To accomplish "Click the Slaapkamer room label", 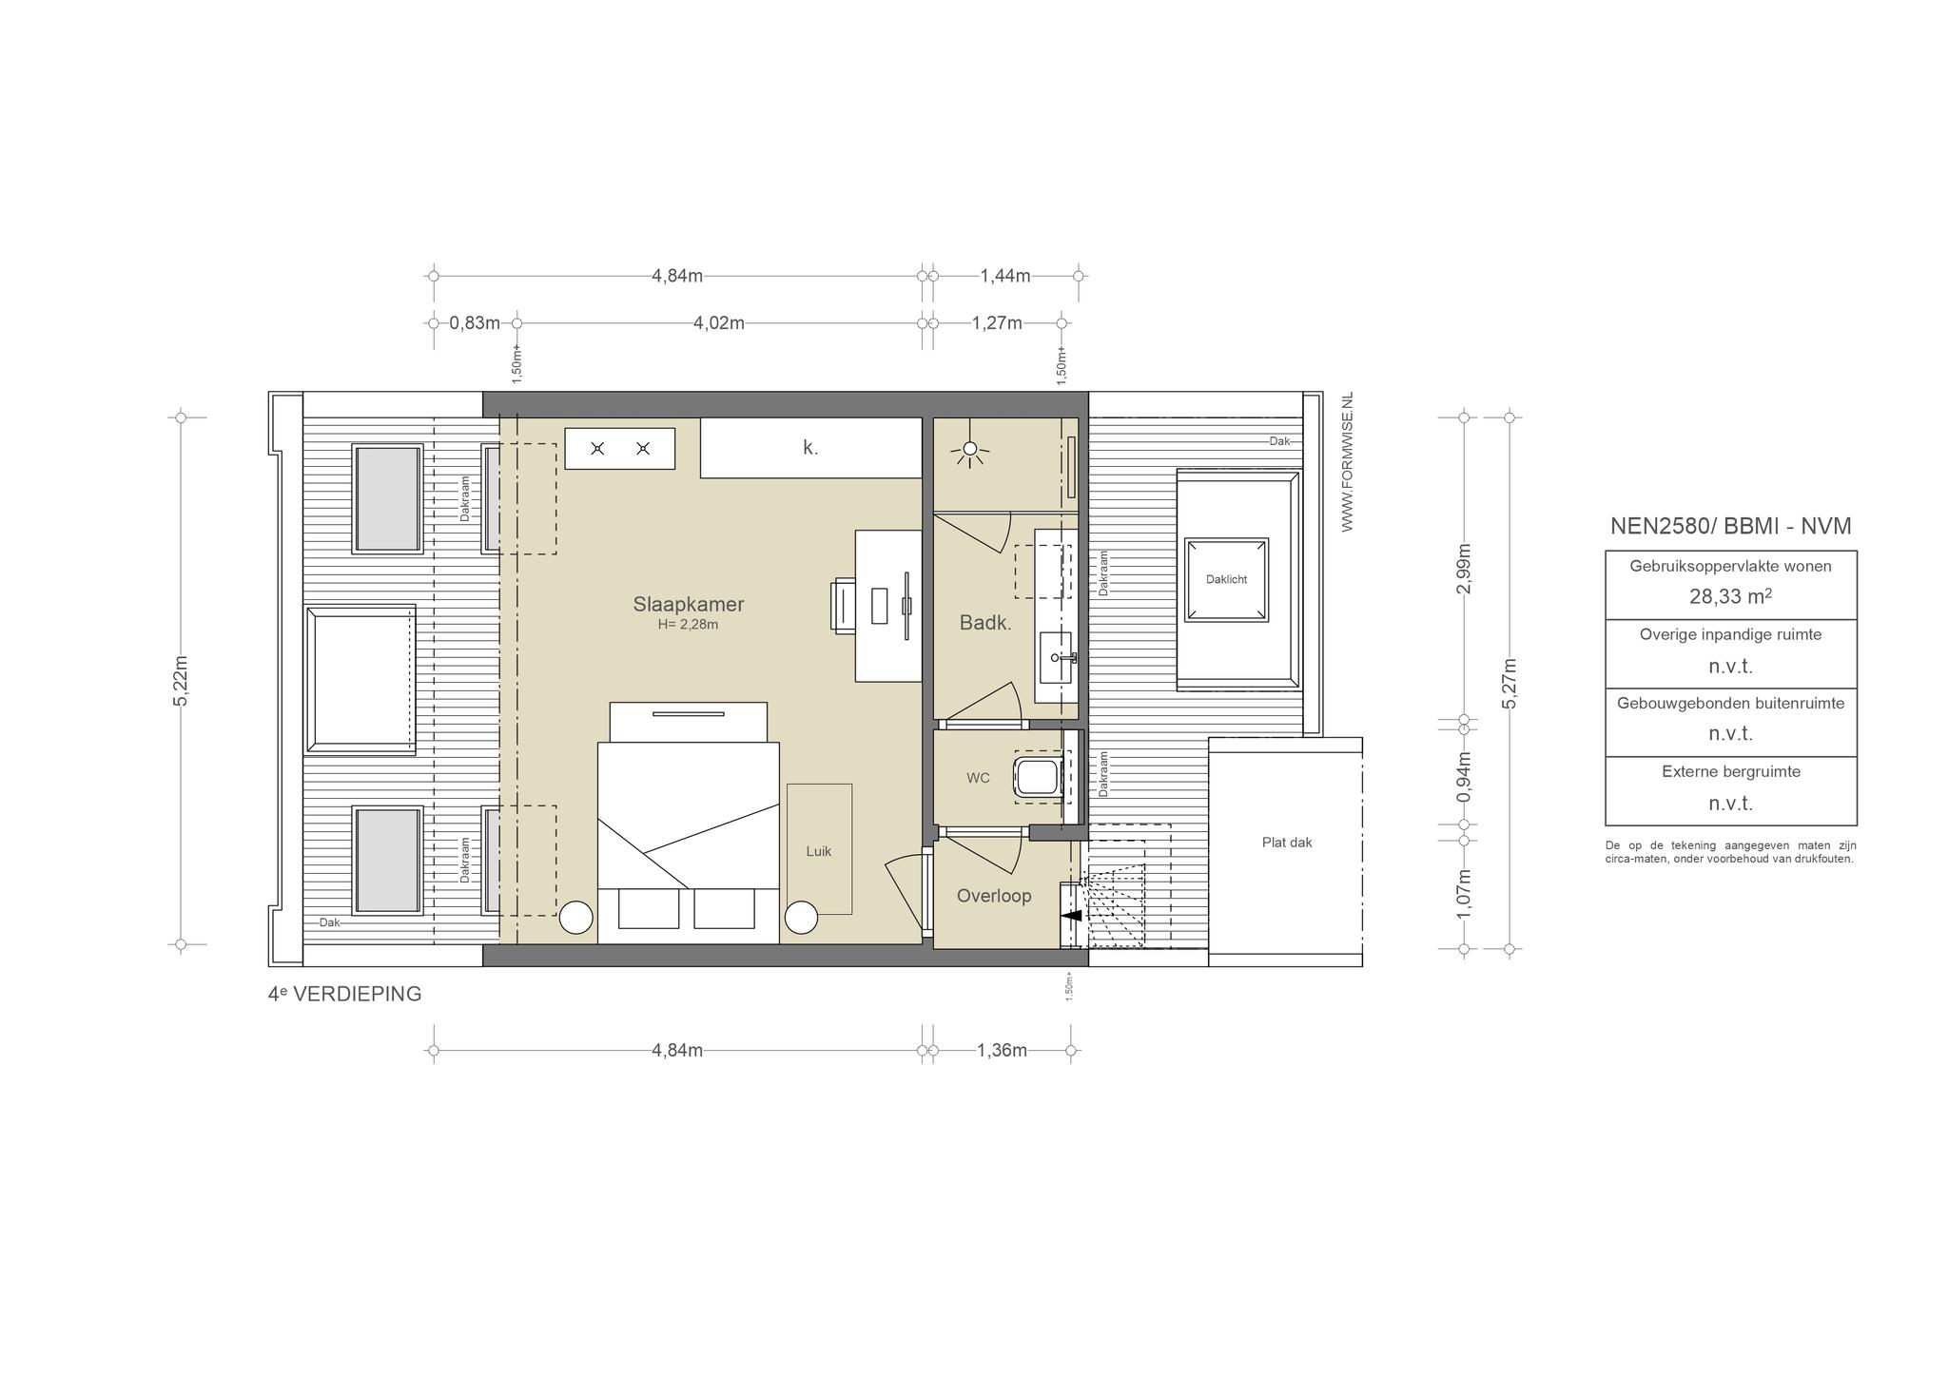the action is tap(689, 604).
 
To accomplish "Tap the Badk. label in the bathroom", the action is tap(984, 624).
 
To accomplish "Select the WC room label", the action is tap(978, 778).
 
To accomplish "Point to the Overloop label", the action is tap(994, 896).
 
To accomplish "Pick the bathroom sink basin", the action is tap(1056, 657).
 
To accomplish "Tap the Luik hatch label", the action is tap(819, 851).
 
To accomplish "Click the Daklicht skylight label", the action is tap(1226, 579).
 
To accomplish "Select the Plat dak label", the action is tap(1287, 843).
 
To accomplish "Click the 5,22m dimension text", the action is tap(182, 680).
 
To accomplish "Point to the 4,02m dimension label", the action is tap(719, 323).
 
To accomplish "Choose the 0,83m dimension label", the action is tap(475, 323).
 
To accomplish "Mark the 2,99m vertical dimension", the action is tap(1464, 569).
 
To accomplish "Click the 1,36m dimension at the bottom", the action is tap(1002, 1051).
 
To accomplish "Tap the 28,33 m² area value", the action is tap(1730, 596).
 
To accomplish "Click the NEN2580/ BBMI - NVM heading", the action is tap(1730, 526).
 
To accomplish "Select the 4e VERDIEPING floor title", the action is tap(344, 994).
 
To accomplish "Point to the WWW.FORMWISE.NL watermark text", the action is tap(1347, 462).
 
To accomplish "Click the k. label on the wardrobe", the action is tap(810, 447).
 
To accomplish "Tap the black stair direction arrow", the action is tap(1071, 916).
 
